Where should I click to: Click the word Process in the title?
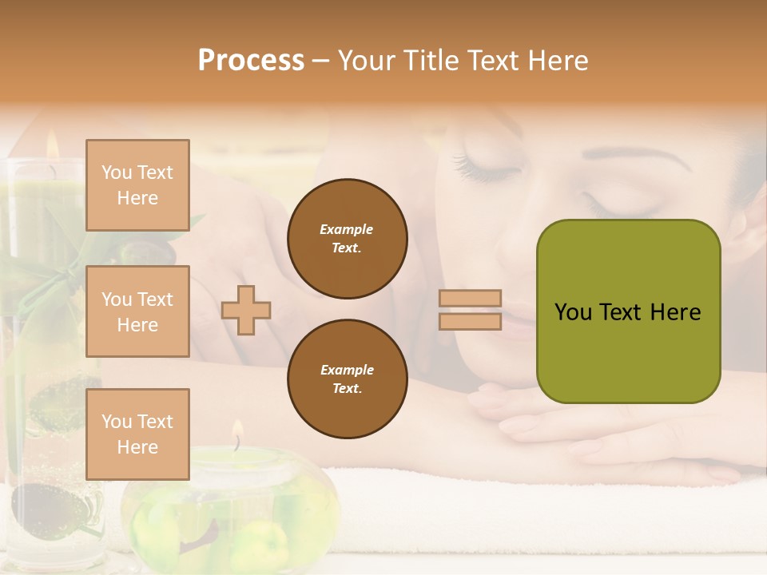[x=251, y=61]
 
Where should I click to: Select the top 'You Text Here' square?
[x=137, y=185]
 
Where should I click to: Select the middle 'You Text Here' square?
[x=137, y=311]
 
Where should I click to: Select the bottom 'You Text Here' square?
[x=137, y=434]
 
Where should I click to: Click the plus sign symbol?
[x=246, y=310]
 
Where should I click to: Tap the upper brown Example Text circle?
[x=347, y=238]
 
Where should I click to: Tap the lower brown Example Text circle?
[x=347, y=379]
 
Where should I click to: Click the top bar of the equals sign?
[x=470, y=298]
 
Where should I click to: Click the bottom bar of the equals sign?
[x=470, y=321]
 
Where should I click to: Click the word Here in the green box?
[x=675, y=312]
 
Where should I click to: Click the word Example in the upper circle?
[x=346, y=229]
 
